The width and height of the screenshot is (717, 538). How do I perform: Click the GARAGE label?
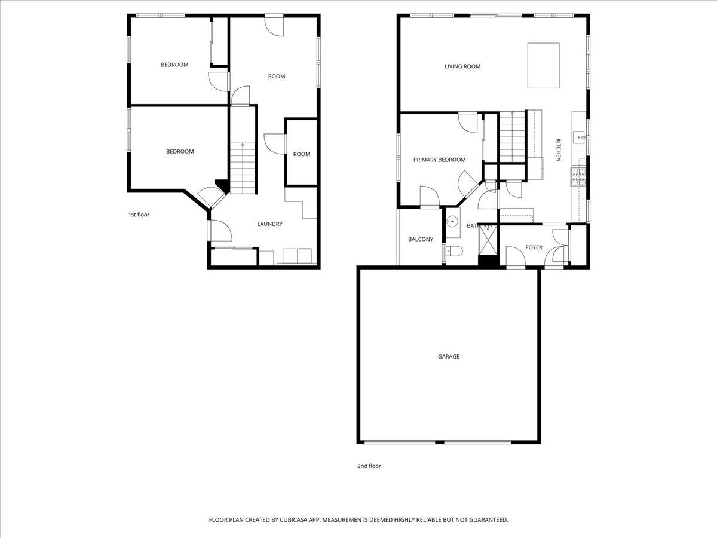click(x=449, y=357)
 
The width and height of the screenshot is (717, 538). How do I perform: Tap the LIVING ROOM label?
click(x=462, y=66)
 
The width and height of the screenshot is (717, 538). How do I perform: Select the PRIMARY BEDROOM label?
click(x=439, y=160)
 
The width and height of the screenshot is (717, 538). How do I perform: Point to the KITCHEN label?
click(x=559, y=150)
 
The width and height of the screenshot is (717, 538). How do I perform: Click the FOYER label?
click(x=534, y=247)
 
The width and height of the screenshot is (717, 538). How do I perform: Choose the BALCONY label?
click(x=421, y=239)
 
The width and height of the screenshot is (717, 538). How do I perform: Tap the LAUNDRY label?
click(x=269, y=224)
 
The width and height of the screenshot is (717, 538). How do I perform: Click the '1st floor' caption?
click(x=139, y=215)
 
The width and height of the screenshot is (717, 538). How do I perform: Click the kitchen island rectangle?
click(x=543, y=65)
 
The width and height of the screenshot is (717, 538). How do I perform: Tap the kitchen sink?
click(x=578, y=137)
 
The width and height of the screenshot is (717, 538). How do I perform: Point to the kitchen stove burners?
click(x=579, y=176)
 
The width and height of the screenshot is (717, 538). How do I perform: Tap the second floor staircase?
click(x=511, y=137)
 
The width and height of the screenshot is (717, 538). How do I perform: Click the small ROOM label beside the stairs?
click(x=302, y=154)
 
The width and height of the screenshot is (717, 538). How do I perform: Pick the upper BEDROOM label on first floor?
click(x=174, y=65)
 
